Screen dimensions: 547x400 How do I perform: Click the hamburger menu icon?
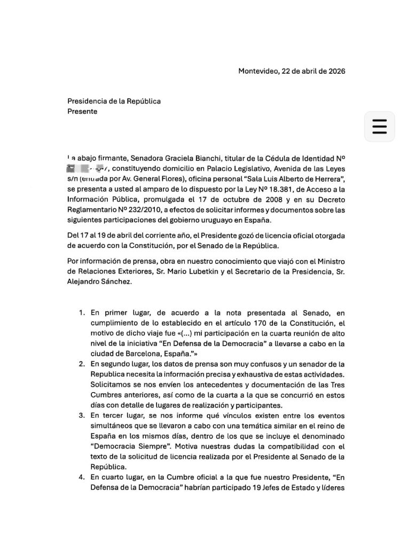click(x=379, y=126)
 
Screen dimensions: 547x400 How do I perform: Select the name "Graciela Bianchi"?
click(x=175, y=159)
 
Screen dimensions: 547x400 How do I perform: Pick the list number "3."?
click(x=82, y=415)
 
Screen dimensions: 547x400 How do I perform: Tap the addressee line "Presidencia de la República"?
click(x=114, y=101)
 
